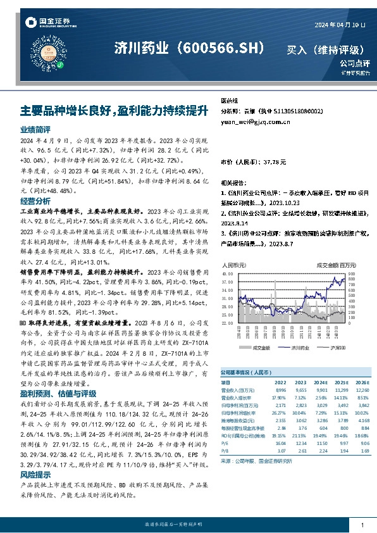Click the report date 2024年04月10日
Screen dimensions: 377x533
(340, 24)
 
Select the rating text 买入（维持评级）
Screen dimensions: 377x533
(325, 49)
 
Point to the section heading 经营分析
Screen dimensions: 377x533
(35, 201)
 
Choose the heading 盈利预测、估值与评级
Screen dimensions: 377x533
(58, 392)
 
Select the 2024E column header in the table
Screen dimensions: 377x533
(321, 384)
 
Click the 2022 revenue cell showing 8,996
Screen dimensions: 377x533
(281, 391)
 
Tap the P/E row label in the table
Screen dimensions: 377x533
(225, 444)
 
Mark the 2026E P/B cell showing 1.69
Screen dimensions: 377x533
(363, 451)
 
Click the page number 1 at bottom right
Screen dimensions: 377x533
(362, 525)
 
